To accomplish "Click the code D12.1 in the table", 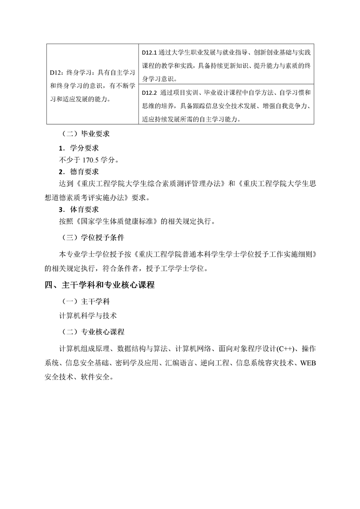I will tap(149, 53).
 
